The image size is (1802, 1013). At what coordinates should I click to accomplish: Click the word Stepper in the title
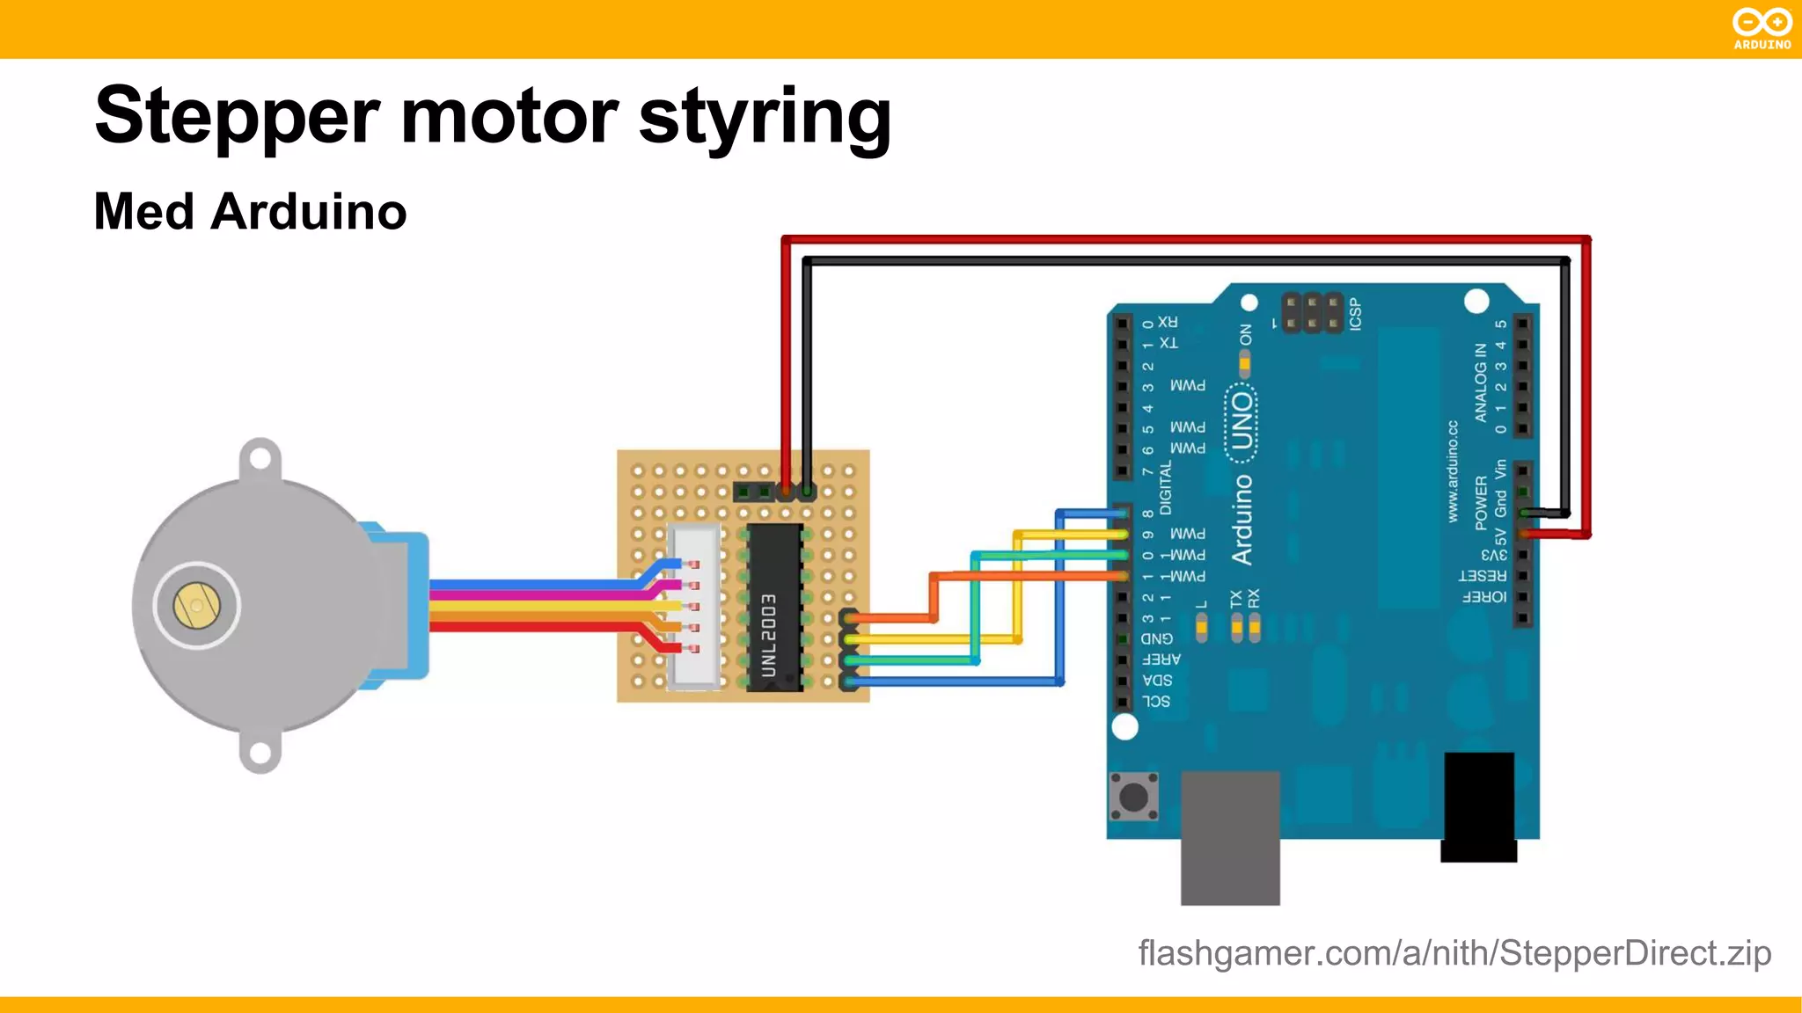(237, 117)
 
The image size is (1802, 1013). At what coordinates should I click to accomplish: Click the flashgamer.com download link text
(1454, 953)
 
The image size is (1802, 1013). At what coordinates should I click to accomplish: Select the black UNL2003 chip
(774, 608)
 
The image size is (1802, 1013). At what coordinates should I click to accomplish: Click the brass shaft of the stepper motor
(196, 606)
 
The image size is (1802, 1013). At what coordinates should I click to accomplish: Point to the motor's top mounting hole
(260, 458)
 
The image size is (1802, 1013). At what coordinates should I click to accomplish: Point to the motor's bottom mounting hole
(260, 753)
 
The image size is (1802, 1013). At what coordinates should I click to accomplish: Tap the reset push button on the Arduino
(1133, 797)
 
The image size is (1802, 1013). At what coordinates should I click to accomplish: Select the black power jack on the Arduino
(1479, 805)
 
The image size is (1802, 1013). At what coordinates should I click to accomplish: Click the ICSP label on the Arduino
(1355, 314)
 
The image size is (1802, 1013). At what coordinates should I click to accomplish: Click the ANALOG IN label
(1481, 383)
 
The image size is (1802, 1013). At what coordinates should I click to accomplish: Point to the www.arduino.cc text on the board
(1453, 471)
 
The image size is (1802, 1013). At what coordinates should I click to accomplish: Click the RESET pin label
(1483, 576)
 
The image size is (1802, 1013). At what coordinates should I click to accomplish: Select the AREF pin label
(1161, 660)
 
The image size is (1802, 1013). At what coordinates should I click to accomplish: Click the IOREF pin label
(1484, 597)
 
